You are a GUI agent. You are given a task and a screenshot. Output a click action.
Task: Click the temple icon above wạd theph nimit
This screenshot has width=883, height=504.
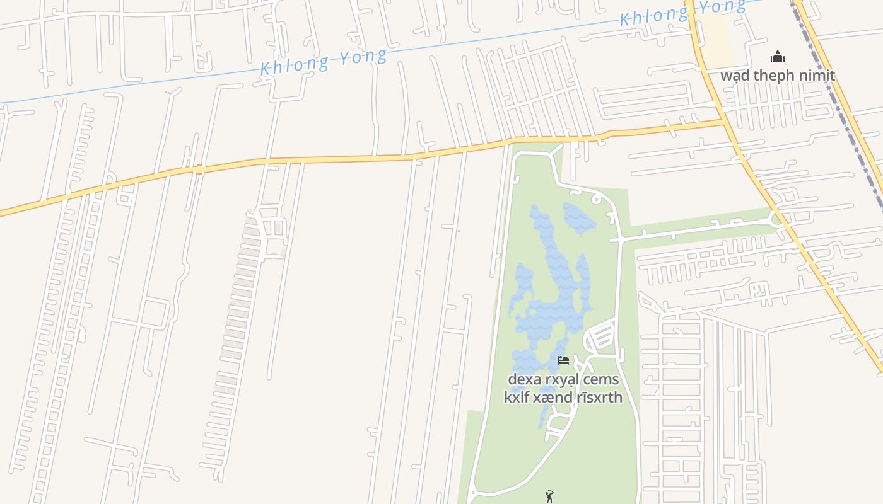click(778, 57)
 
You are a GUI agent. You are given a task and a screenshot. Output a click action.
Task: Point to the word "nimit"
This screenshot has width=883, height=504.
click(819, 76)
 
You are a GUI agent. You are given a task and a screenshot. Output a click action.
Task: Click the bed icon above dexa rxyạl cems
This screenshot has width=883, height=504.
click(563, 360)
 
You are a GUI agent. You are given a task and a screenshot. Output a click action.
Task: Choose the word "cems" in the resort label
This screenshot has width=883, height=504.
click(602, 380)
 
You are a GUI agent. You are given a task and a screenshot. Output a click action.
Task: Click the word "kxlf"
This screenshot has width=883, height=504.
click(517, 397)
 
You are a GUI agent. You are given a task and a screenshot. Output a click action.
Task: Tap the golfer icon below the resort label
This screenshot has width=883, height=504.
click(549, 496)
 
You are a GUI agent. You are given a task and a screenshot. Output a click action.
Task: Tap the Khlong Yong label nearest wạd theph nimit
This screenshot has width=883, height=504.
click(682, 13)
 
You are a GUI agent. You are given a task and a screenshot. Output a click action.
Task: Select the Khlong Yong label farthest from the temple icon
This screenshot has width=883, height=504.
click(324, 61)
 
